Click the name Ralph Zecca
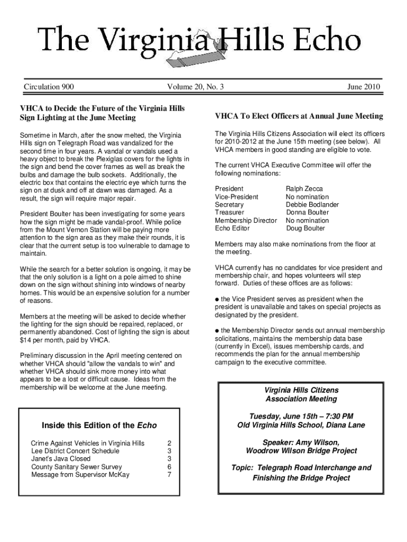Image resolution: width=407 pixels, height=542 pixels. point(304,189)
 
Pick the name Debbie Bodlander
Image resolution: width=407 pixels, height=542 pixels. point(312,205)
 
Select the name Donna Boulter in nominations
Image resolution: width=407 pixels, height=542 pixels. point(307,213)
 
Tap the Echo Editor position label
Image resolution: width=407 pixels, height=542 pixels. point(233,229)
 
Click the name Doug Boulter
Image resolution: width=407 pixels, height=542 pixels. point(306,229)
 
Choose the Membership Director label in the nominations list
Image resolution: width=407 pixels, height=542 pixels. point(246,221)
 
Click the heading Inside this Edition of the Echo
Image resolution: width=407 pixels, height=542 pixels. point(99,426)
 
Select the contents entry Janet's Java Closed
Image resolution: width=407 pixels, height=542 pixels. point(61,459)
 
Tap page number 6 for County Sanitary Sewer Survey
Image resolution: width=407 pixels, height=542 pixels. point(169,467)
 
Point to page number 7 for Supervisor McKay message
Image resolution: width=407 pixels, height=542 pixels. point(169,475)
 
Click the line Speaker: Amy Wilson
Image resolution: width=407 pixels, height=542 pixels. point(301,442)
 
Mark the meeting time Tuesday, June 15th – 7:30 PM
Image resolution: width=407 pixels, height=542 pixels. point(301,416)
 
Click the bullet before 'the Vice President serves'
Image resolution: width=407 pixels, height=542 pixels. point(217,299)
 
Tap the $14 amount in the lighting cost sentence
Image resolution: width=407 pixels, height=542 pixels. point(25,340)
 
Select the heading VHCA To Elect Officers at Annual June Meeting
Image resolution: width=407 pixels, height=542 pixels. point(299,116)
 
